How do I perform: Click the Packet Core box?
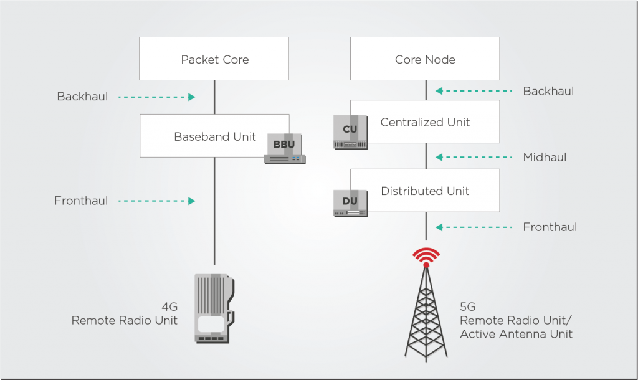[x=214, y=59]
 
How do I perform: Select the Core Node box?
[x=425, y=59]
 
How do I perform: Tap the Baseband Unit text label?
[x=215, y=136]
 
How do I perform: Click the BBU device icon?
[x=285, y=148]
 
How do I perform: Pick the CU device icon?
[x=350, y=132]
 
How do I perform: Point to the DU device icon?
[x=350, y=203]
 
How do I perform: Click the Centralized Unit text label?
[x=425, y=122]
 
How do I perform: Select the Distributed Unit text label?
[x=425, y=191]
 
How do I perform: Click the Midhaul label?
[x=545, y=157]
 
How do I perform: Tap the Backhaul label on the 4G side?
[x=83, y=97]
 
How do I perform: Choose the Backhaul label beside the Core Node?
[x=548, y=91]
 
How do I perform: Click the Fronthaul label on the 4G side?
[x=81, y=201]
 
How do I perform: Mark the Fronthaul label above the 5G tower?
[x=550, y=227]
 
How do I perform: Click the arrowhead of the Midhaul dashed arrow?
[x=439, y=157]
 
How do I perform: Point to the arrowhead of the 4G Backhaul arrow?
[x=192, y=97]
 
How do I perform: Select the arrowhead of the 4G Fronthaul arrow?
[x=192, y=201]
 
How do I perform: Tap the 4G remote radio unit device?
[x=214, y=308]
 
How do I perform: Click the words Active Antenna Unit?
[x=516, y=334]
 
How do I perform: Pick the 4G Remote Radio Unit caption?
[x=125, y=313]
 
